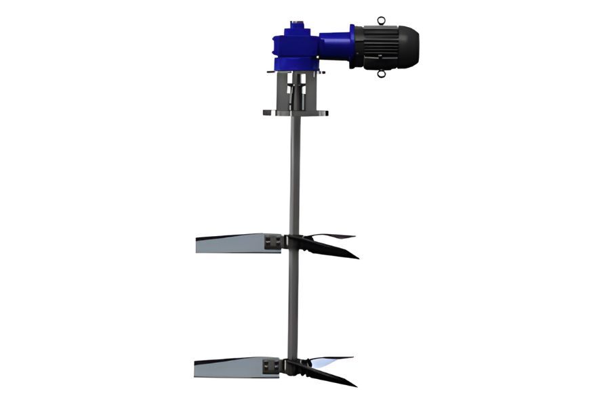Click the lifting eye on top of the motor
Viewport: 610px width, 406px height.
click(382, 20)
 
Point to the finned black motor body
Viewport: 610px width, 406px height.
click(380, 47)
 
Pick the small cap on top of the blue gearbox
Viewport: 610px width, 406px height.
click(296, 26)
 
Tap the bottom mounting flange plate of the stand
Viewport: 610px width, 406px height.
click(296, 113)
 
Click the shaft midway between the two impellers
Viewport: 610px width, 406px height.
click(293, 304)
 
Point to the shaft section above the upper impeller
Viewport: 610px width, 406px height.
click(293, 176)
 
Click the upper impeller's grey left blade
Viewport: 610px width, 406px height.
click(230, 243)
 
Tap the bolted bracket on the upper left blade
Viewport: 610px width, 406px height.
click(272, 242)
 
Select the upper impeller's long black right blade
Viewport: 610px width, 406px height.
click(332, 250)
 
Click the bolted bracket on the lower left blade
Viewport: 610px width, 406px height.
click(271, 366)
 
